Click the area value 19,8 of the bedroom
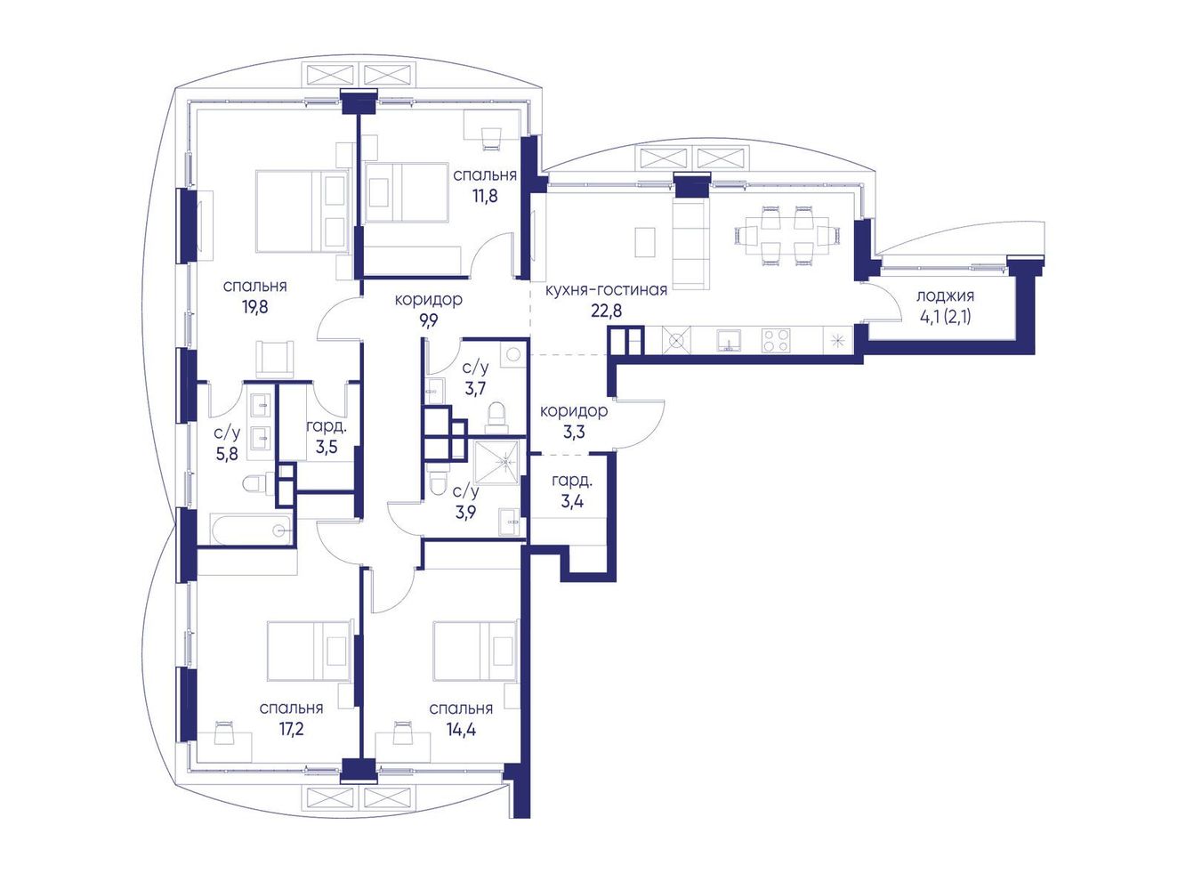point(255,307)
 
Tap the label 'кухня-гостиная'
point(606,290)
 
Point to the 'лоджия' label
point(945,296)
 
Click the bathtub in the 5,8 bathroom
point(252,530)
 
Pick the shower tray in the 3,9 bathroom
point(496,463)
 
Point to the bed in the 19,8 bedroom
point(301,211)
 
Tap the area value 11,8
point(485,195)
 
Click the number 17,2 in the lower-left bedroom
point(291,729)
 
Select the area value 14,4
point(461,729)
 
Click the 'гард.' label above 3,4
point(572,480)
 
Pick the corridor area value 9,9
point(429,321)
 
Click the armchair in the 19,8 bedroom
point(275,359)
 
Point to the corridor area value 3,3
point(574,433)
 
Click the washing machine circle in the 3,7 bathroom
point(513,355)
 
